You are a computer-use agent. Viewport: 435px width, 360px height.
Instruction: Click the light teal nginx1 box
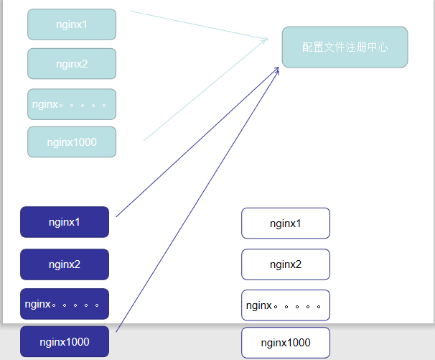click(x=72, y=24)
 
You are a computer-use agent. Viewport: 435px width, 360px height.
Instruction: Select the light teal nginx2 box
click(x=72, y=63)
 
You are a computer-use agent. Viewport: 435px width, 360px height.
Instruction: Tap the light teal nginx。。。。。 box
click(x=72, y=104)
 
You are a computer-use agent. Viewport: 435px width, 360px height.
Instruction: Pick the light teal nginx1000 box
click(x=72, y=142)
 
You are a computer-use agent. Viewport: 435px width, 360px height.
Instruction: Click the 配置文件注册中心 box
click(x=345, y=47)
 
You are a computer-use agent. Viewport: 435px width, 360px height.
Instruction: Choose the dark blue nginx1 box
click(x=65, y=222)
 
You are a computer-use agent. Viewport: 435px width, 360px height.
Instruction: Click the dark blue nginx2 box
click(x=65, y=264)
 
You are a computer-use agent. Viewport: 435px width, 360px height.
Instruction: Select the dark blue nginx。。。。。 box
click(x=65, y=304)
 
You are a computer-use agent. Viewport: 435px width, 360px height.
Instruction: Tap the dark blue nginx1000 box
click(x=65, y=342)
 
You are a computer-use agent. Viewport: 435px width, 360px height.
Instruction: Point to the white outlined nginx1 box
click(x=286, y=223)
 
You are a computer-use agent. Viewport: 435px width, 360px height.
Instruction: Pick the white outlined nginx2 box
click(x=286, y=264)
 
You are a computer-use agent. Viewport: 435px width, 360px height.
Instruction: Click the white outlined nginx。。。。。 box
click(x=286, y=305)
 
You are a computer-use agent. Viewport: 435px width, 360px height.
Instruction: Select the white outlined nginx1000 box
click(x=286, y=343)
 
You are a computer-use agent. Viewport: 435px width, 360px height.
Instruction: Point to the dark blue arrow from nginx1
click(x=194, y=144)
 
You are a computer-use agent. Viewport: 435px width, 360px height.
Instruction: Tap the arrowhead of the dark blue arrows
click(x=276, y=70)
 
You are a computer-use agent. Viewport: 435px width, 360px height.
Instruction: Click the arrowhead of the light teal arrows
click(x=265, y=40)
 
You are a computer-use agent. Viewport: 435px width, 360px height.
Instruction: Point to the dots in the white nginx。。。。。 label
click(x=301, y=307)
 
